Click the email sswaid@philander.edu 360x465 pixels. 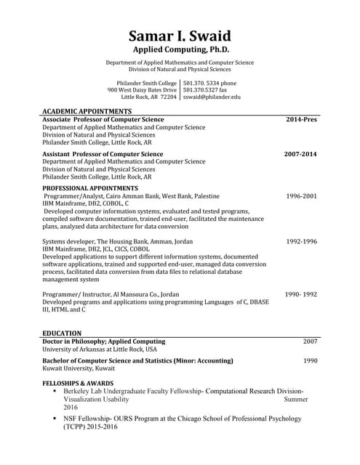point(211,97)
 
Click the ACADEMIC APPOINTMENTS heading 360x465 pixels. point(87,111)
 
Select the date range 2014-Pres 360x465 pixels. point(301,118)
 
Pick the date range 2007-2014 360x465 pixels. point(300,154)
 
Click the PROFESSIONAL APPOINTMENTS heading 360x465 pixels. point(90,188)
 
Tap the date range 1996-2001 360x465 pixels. point(301,196)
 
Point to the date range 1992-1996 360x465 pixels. point(301,241)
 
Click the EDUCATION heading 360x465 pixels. point(61,333)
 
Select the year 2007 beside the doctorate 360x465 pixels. point(310,341)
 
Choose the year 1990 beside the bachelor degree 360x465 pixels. point(310,360)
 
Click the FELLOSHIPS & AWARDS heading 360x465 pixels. point(78,383)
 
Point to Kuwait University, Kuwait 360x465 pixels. point(79,368)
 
